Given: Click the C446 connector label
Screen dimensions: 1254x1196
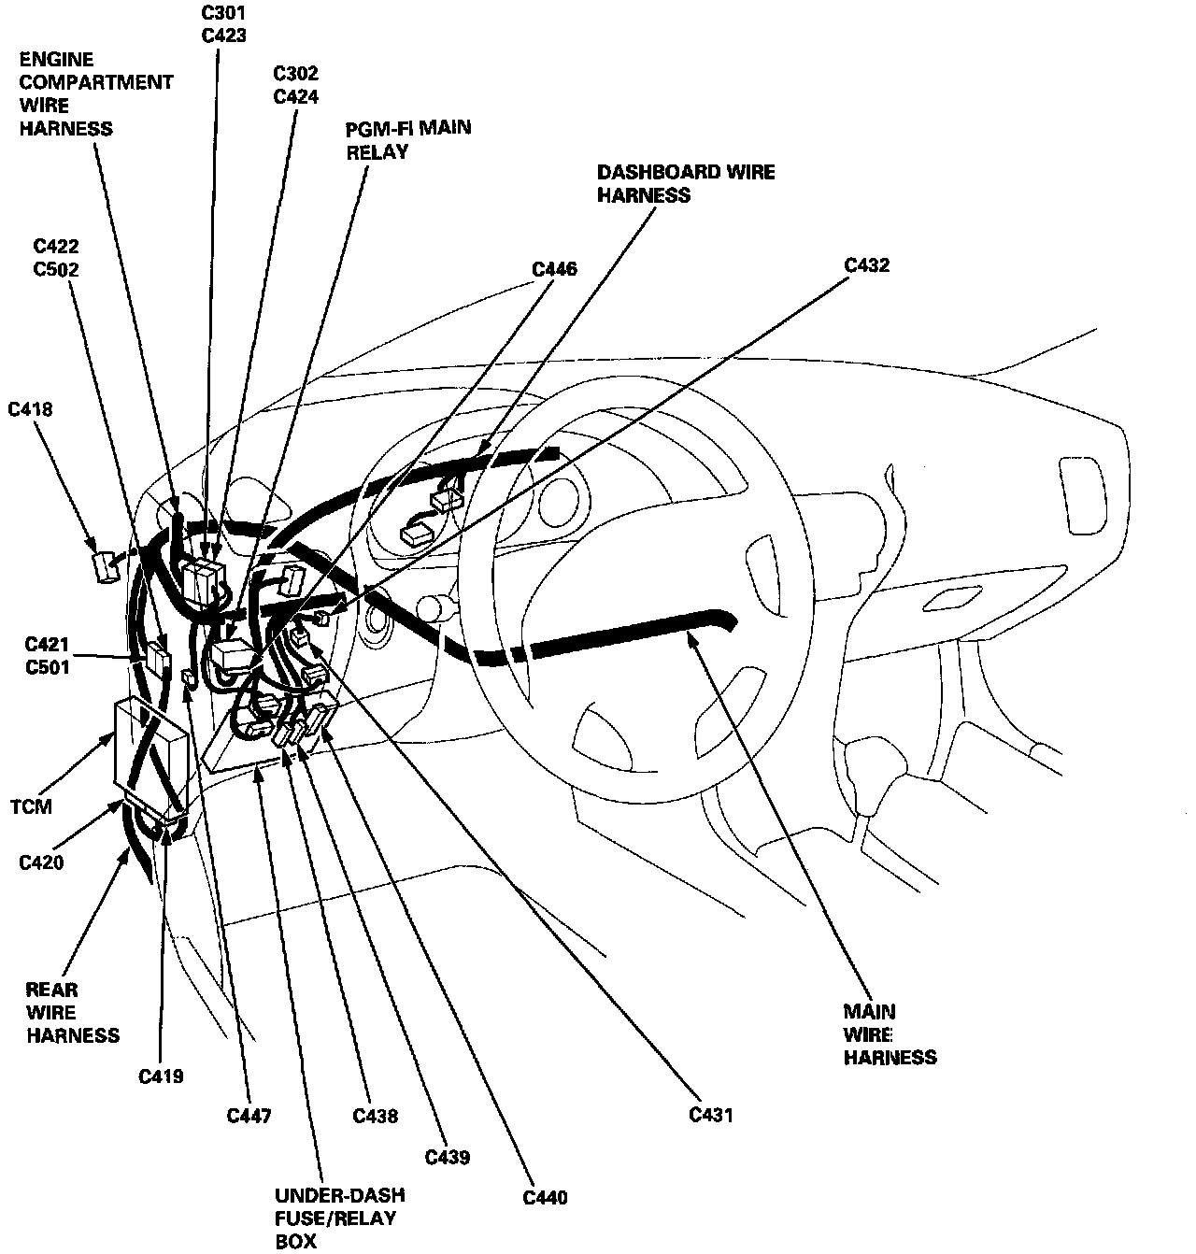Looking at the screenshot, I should click(554, 270).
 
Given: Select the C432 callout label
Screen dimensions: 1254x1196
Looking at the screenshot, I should click(866, 265).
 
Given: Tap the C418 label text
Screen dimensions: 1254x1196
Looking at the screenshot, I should click(30, 409).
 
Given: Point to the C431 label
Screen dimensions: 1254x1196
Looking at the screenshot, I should click(711, 1115).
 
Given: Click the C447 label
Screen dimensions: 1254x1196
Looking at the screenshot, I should click(249, 1116).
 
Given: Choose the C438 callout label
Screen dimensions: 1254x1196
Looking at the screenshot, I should click(375, 1116).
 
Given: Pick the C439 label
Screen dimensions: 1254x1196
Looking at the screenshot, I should click(448, 1158).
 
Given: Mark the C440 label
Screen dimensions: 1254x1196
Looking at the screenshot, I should click(545, 1198).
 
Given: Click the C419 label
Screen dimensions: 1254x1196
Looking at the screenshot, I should click(161, 1076).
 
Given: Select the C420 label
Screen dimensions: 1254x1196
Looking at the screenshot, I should click(41, 862).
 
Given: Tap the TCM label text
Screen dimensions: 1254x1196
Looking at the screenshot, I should click(31, 806).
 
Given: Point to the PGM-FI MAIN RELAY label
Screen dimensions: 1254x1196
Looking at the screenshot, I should click(408, 139).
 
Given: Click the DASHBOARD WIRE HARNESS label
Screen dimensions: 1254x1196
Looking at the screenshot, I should click(686, 183).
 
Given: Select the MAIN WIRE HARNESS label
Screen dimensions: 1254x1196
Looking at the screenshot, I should click(890, 1034).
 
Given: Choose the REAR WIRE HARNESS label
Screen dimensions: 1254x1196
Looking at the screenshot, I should click(72, 1013).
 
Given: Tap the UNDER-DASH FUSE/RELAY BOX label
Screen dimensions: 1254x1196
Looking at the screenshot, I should click(339, 1218).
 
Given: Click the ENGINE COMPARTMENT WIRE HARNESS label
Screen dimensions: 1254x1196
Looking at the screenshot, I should click(95, 93).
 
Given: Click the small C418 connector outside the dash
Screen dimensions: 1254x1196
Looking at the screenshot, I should click(105, 566).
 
